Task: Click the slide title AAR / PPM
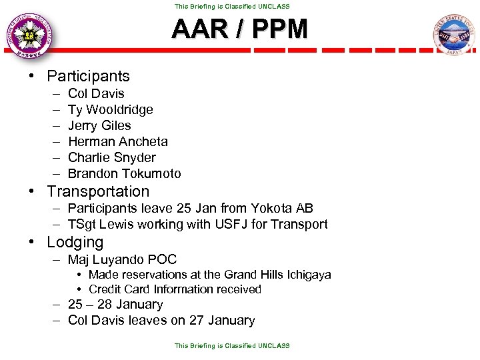point(239,29)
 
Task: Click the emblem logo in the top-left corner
point(29,36)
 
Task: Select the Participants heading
point(88,76)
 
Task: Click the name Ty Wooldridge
point(110,109)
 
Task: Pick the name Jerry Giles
point(99,125)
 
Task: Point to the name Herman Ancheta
point(118,141)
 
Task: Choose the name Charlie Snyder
point(111,157)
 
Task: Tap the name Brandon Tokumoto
point(124,173)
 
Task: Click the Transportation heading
point(98,191)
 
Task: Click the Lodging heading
point(75,242)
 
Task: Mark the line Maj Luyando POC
point(122,259)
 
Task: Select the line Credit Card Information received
point(175,289)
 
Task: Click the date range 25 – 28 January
point(115,305)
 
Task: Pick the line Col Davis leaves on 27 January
point(161,321)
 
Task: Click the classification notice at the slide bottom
point(232,346)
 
